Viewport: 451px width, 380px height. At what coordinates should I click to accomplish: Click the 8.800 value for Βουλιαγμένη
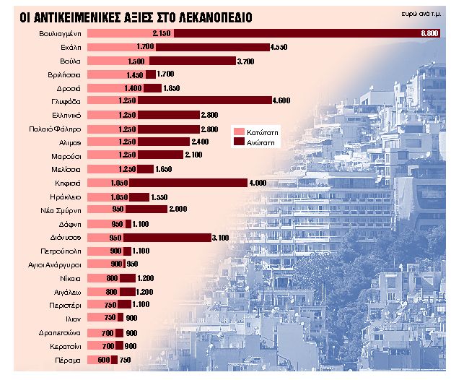[x=429, y=34]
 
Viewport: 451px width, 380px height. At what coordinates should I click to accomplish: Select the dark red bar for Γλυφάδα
[x=203, y=101]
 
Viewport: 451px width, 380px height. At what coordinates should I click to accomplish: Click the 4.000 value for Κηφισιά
[x=258, y=183]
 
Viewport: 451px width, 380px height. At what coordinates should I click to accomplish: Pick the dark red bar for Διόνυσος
[x=167, y=237]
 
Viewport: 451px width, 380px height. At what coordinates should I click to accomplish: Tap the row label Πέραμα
[x=69, y=359]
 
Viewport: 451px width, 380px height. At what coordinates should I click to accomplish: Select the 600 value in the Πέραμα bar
[x=103, y=359]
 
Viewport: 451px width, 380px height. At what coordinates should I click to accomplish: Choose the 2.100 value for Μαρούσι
[x=193, y=155]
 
